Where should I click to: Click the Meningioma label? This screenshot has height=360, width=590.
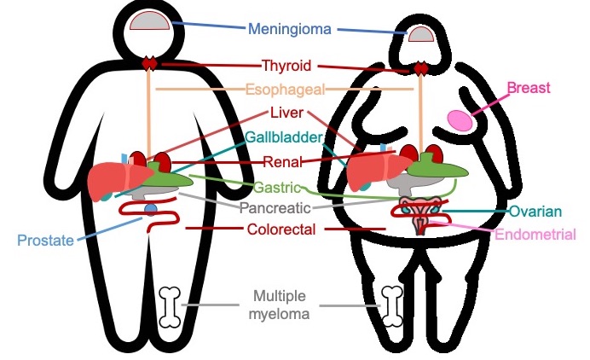[290, 30]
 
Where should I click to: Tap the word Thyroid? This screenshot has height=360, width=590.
[286, 66]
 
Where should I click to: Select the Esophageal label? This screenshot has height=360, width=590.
[286, 90]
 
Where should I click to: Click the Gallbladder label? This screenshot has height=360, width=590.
[285, 136]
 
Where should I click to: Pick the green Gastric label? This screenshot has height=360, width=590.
[277, 185]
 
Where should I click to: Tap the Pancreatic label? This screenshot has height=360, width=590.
[281, 207]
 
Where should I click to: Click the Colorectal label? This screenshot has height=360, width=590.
[281, 229]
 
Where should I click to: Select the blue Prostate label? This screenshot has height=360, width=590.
[45, 240]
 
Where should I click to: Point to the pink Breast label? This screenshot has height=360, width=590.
[529, 87]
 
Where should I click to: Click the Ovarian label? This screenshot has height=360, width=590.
[535, 212]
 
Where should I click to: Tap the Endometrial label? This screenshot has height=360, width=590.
[535, 235]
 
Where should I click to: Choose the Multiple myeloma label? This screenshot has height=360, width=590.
[281, 305]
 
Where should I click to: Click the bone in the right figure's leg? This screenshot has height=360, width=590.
[393, 305]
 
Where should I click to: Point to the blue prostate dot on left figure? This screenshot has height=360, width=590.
[151, 209]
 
